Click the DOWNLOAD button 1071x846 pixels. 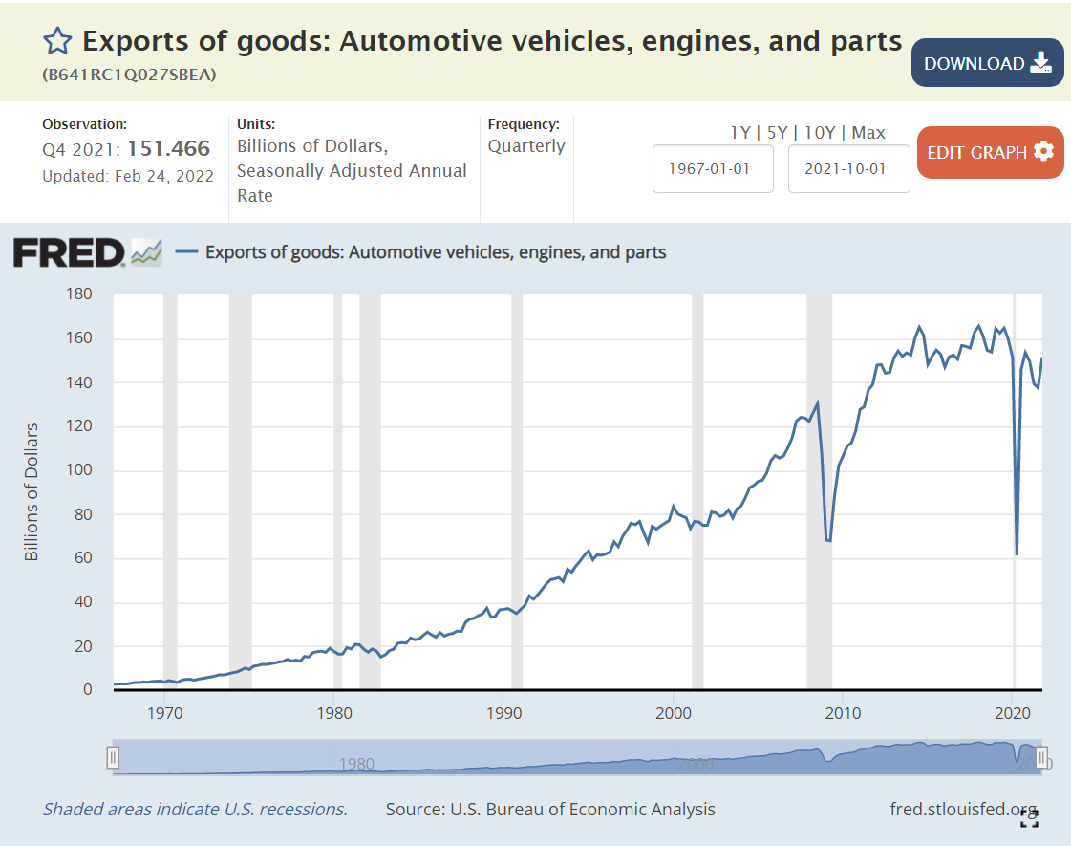[x=987, y=63]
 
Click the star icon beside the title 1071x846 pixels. [x=57, y=40]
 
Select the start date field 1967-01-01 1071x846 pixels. [x=713, y=168]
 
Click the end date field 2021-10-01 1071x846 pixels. [x=848, y=168]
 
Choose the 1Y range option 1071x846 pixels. [x=739, y=133]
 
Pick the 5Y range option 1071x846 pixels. [x=777, y=133]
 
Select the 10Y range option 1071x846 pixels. [x=818, y=133]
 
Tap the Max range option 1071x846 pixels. [x=868, y=133]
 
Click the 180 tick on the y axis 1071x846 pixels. [x=77, y=294]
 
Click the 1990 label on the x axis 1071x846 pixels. [x=503, y=712]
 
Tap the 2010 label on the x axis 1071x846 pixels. [x=843, y=712]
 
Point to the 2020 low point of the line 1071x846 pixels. [x=1017, y=553]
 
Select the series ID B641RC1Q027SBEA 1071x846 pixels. [x=129, y=74]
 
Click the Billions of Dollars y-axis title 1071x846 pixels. [x=32, y=491]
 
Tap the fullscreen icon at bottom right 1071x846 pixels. [x=1028, y=817]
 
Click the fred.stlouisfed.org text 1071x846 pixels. [x=963, y=809]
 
